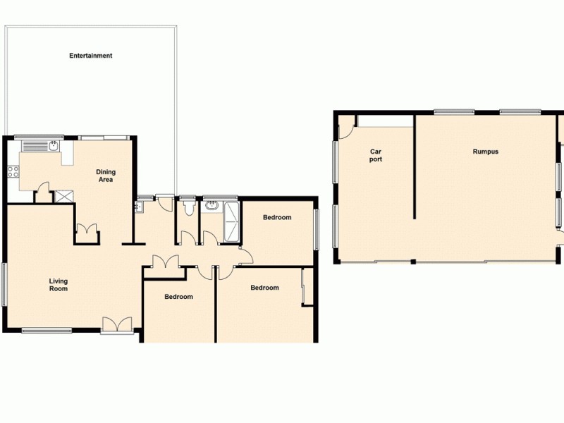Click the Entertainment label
(91, 56)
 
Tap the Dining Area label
(106, 176)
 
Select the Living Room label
(59, 285)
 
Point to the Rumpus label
(486, 152)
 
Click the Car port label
(376, 155)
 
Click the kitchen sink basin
(52, 147)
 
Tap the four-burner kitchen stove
(13, 171)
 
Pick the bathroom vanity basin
(212, 207)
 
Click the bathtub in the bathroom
(231, 222)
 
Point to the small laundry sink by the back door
(139, 207)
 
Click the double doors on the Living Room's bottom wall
(116, 324)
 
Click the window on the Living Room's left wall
(4, 284)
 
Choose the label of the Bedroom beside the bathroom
(277, 217)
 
